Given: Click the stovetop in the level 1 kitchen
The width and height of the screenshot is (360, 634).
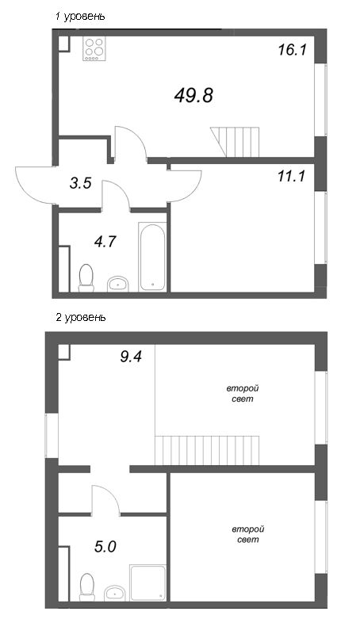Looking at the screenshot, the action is coord(94,48).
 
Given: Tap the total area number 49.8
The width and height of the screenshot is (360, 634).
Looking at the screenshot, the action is coord(193,95).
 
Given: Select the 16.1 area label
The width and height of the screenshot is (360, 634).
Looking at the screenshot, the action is coord(293,50).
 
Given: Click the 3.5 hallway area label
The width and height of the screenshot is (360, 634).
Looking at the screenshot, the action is coord(81,183).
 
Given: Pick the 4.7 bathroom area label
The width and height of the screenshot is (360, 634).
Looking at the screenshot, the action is coord(105,242).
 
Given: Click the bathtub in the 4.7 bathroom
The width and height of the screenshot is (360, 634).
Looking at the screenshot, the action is coord(152,256).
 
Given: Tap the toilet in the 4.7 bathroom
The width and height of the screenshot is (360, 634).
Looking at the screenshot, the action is coord(86,278).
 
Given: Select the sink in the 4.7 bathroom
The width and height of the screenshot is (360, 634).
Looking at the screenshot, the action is coord(118,284).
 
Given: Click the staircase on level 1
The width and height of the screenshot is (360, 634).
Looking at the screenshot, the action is coord(235,142).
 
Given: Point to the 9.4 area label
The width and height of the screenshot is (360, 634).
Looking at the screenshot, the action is coord(131,357).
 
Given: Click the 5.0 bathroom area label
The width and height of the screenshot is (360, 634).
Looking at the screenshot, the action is coord(105,547).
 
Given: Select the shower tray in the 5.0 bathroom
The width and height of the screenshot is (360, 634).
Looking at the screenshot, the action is coord(148,582).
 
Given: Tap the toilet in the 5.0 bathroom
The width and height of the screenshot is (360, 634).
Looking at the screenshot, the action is coord(87,586).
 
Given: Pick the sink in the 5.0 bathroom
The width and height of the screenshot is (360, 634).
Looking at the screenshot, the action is coord(115,593).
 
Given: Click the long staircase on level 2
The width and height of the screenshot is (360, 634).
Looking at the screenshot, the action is coord(207,450).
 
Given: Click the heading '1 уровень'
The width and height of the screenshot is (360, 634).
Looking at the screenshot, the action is coord(81,17).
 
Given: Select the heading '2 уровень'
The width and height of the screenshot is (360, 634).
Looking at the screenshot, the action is coord(81,318).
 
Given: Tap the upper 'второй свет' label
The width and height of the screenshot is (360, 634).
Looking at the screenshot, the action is coord(243,394).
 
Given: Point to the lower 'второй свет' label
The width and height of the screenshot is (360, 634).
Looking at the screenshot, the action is coord(248,534).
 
